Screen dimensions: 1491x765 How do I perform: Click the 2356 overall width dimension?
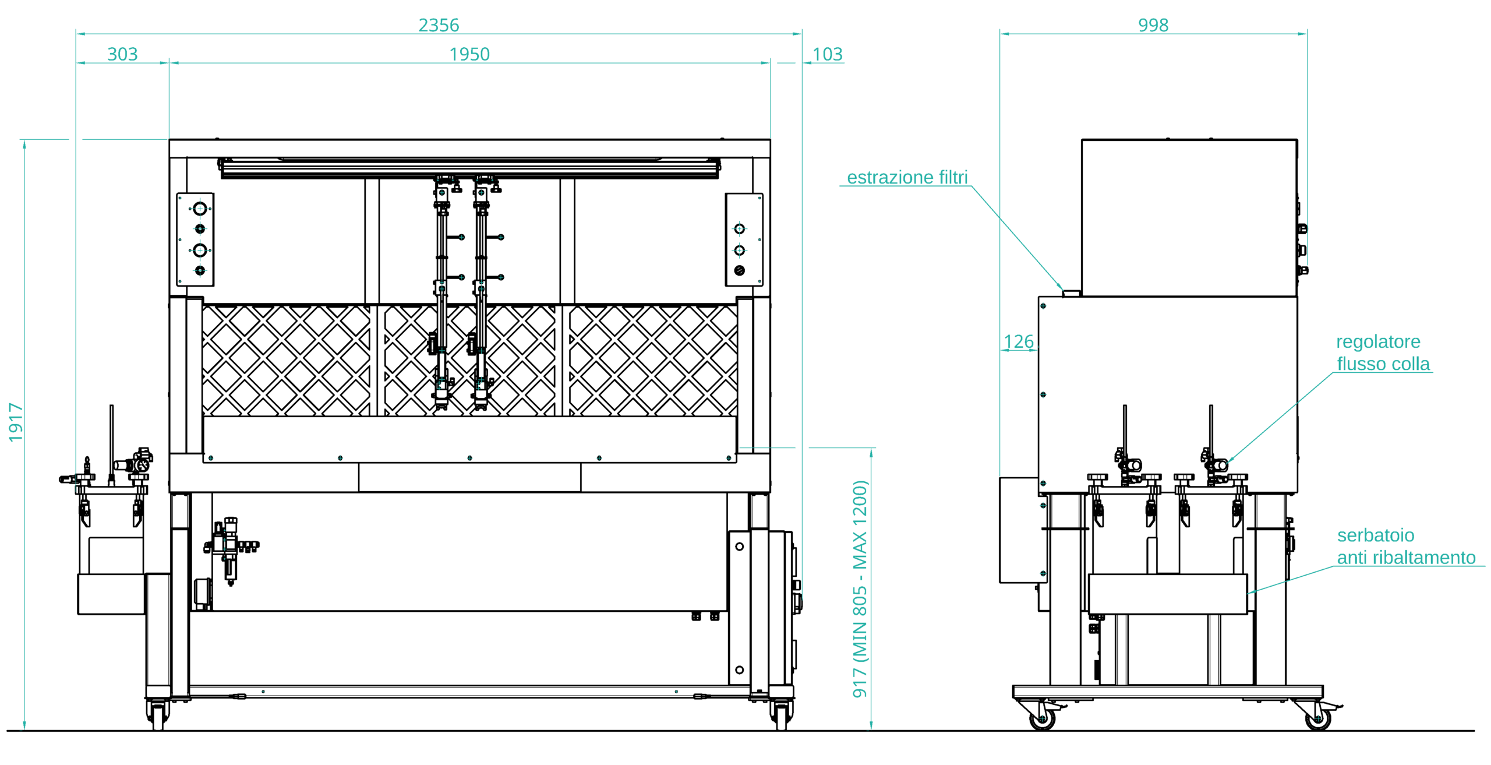pyautogui.click(x=439, y=25)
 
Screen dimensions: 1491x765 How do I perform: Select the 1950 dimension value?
pyautogui.click(x=469, y=54)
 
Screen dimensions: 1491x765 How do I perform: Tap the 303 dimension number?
pyautogui.click(x=122, y=54)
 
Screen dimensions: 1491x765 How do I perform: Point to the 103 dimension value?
pyautogui.click(x=828, y=54)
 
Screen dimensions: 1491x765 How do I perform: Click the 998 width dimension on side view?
pyautogui.click(x=1153, y=25)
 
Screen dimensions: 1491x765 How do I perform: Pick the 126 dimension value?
pyautogui.click(x=1019, y=341)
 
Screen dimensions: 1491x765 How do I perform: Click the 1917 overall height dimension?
pyautogui.click(x=16, y=422)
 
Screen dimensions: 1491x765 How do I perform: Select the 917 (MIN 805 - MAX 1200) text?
pyautogui.click(x=860, y=589)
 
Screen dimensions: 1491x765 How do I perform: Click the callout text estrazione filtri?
pyautogui.click(x=907, y=177)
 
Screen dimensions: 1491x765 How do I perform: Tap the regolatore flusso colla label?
pyautogui.click(x=1383, y=352)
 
